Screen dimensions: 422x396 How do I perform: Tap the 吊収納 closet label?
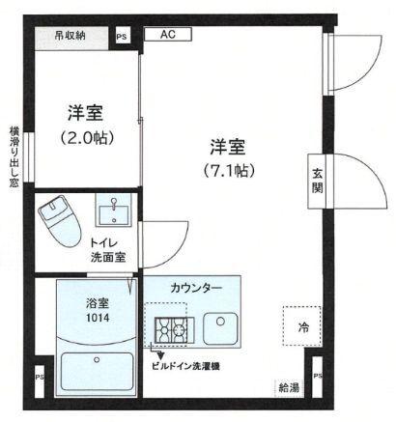pyautogui.click(x=69, y=36)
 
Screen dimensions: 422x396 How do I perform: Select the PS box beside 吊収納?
pyautogui.click(x=122, y=37)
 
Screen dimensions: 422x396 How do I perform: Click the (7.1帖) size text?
pyautogui.click(x=228, y=172)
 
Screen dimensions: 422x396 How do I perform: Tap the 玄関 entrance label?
pyautogui.click(x=317, y=179)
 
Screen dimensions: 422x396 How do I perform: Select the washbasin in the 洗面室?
pyautogui.click(x=113, y=211)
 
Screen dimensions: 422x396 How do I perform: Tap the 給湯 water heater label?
pyautogui.click(x=288, y=387)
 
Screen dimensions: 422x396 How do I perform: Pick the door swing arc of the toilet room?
pyautogui.click(x=164, y=234)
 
